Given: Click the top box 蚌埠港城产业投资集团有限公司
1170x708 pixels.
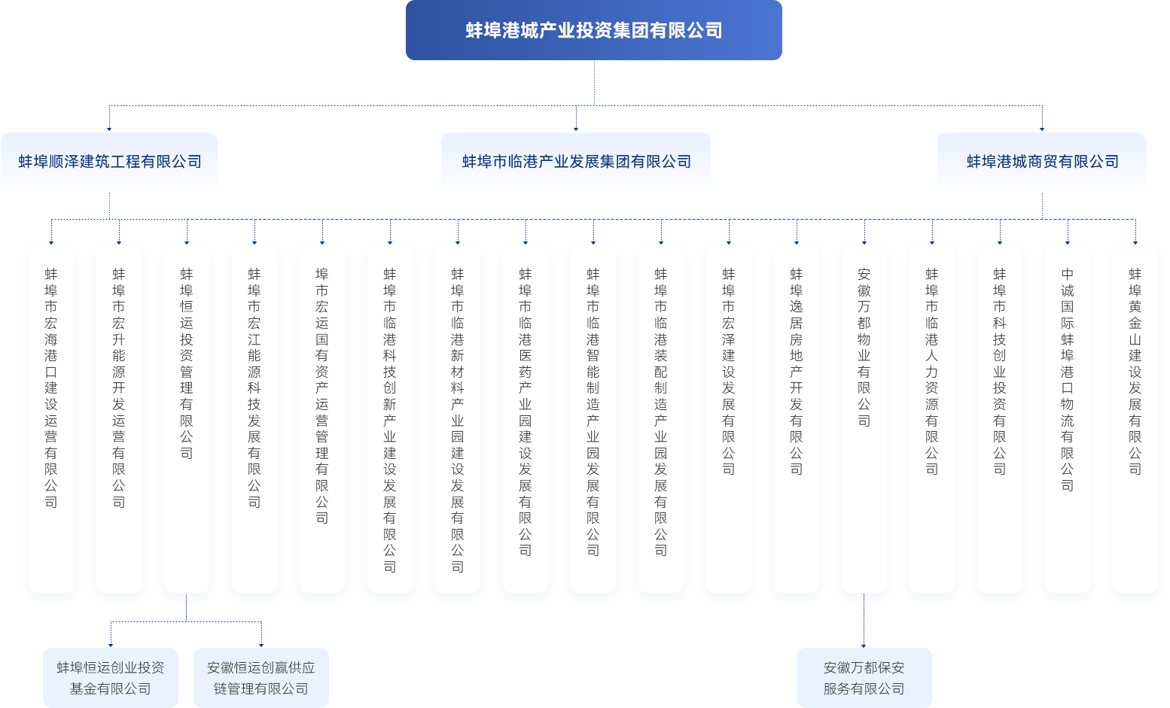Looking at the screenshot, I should [x=594, y=31].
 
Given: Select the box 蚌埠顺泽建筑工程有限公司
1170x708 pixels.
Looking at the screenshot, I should [x=110, y=161].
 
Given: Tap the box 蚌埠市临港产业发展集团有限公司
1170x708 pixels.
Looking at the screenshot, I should [x=576, y=161].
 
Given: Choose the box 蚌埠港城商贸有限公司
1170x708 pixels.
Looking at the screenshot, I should [x=1042, y=161].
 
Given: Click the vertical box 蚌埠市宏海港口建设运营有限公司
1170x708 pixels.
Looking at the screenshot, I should [x=51, y=418].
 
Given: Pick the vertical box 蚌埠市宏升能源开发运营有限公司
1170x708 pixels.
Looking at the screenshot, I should [x=119, y=418].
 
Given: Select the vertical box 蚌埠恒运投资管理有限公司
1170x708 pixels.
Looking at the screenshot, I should [x=187, y=418].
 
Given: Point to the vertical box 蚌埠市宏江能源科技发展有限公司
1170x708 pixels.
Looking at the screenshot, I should [x=254, y=418].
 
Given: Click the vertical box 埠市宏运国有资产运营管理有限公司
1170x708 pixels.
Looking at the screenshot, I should [x=322, y=418].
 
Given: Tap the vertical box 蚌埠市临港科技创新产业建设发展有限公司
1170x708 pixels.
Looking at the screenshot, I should [x=390, y=418].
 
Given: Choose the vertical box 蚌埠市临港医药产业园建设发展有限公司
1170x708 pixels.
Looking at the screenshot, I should [x=526, y=418].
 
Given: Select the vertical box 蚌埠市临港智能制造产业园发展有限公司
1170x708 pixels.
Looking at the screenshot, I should [x=593, y=418].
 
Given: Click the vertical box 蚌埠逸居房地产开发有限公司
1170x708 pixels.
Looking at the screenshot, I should [x=797, y=418].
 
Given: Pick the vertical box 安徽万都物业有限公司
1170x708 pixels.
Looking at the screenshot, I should [x=864, y=418].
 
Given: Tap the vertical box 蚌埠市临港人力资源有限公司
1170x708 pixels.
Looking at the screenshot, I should [x=932, y=418].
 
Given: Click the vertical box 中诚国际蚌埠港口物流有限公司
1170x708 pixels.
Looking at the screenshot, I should [x=1068, y=418].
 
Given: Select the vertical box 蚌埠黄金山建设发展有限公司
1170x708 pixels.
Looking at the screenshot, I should [x=1135, y=418].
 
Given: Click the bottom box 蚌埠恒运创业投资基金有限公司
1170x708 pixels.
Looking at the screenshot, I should [x=111, y=677].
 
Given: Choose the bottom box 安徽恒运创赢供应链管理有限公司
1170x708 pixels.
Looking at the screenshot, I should [x=261, y=677].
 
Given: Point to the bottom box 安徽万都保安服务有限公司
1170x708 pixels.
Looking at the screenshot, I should [x=864, y=677].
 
